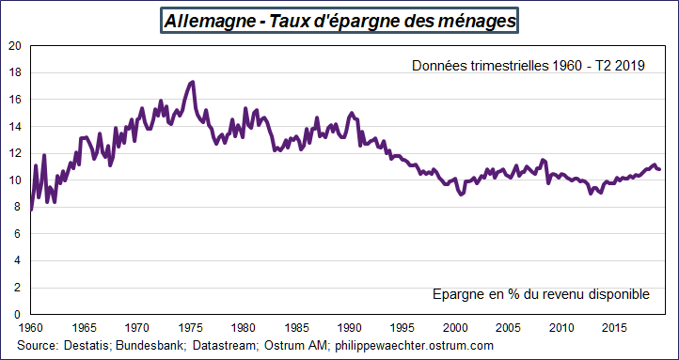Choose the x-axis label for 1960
click(x=31, y=327)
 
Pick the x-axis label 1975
click(x=191, y=327)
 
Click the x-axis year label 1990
click(x=350, y=327)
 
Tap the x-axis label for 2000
click(x=456, y=327)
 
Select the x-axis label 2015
click(x=615, y=327)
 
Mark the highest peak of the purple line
click(x=193, y=82)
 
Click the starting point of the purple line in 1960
click(x=31, y=210)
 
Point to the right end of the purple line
click(x=660, y=169)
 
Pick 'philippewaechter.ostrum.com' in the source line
click(x=414, y=346)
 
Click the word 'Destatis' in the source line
click(x=87, y=346)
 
